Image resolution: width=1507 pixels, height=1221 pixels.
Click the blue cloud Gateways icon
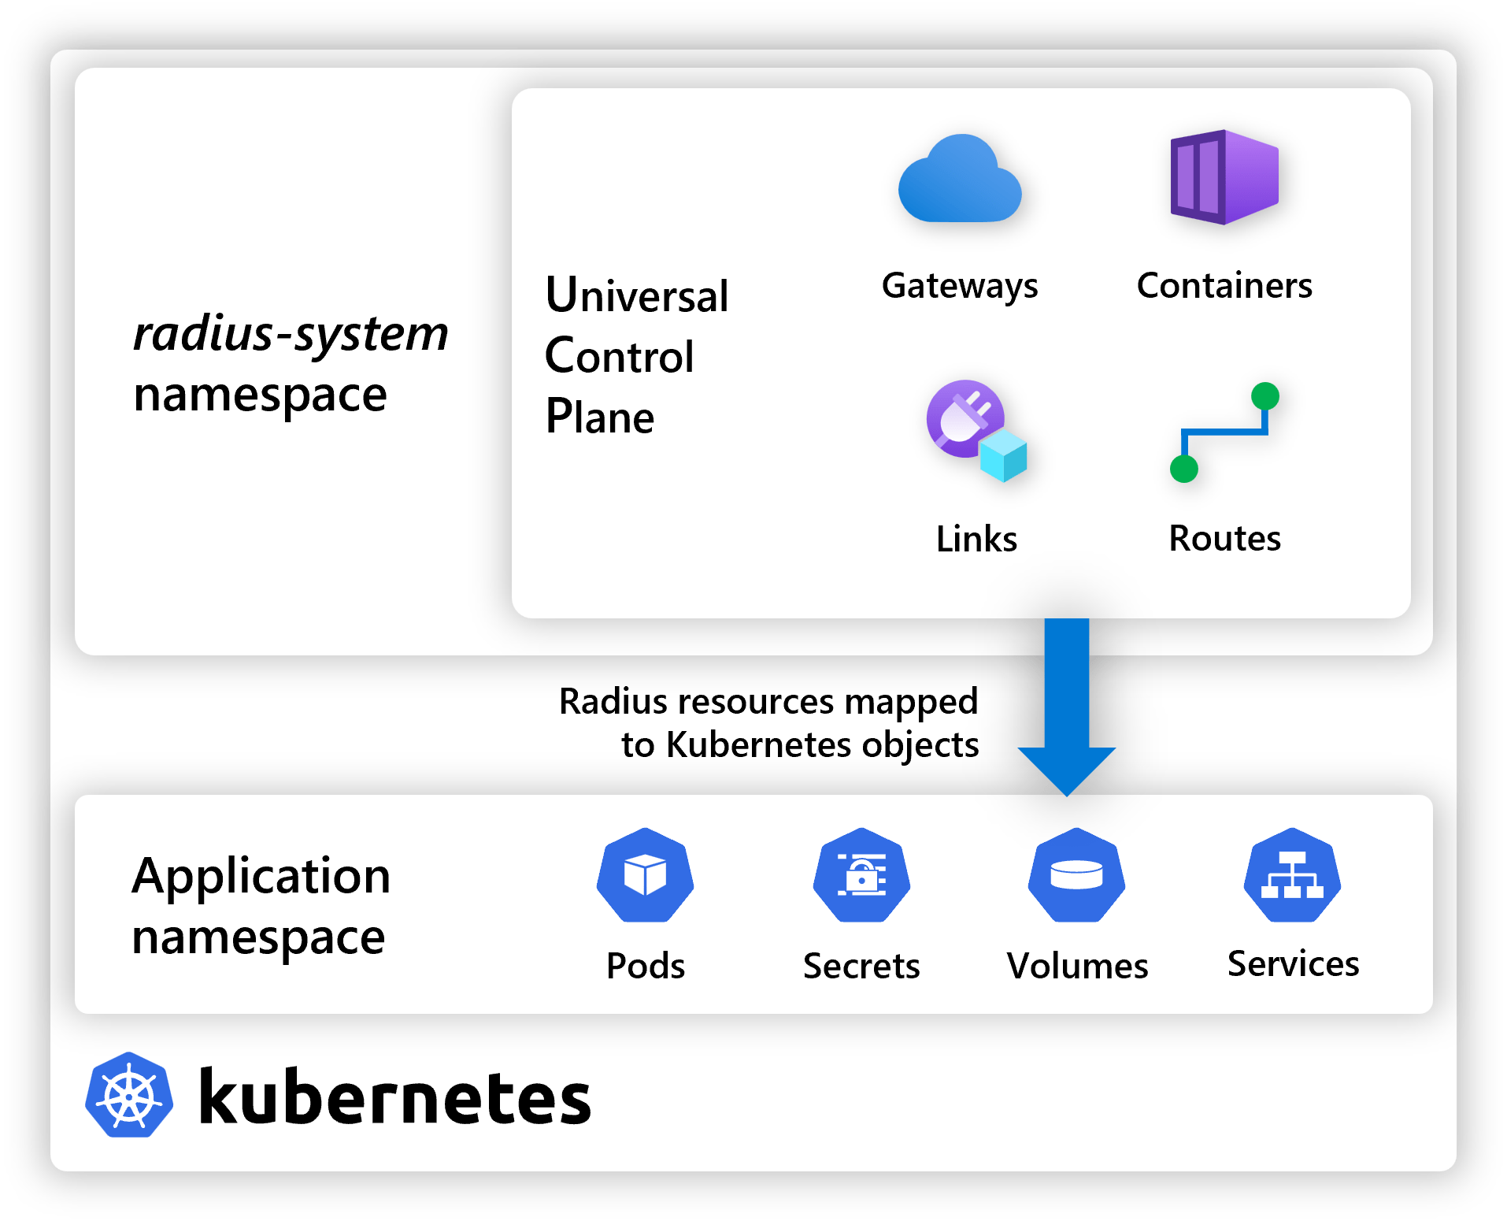(x=959, y=180)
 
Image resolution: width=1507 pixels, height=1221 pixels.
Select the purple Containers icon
(x=1224, y=177)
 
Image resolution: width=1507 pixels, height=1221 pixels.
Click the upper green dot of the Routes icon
(x=1264, y=395)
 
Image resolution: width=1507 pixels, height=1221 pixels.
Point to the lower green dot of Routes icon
(x=1183, y=469)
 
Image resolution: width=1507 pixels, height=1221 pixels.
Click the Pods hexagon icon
(x=645, y=875)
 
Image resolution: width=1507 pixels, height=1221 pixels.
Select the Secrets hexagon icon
(x=861, y=875)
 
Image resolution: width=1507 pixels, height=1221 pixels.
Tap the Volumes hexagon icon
(x=1076, y=875)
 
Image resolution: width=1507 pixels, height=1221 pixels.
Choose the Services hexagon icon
(x=1292, y=875)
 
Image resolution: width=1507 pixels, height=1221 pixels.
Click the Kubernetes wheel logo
(x=129, y=1095)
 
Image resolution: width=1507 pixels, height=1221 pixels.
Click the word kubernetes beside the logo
(x=394, y=1097)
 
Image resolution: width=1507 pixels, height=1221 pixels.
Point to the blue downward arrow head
(x=1067, y=768)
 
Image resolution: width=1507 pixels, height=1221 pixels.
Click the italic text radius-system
(x=291, y=334)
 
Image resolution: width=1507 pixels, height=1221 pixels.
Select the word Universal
(x=636, y=295)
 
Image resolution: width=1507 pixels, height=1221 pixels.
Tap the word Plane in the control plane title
(x=599, y=417)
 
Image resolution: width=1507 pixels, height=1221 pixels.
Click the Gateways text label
(x=959, y=286)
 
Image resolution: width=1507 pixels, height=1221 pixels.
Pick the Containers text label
(x=1224, y=285)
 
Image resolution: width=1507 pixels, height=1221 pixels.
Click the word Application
(x=261, y=876)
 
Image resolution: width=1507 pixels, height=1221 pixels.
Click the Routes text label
(x=1224, y=539)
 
